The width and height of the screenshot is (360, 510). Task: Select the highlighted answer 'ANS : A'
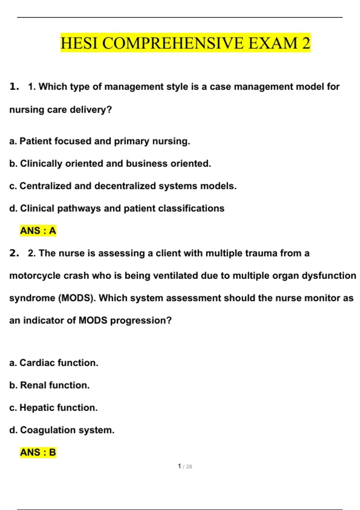pyautogui.click(x=38, y=231)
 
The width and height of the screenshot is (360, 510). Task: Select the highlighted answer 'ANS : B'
pyautogui.click(x=38, y=452)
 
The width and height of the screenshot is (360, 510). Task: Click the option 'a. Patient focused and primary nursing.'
pyautogui.click(x=100, y=141)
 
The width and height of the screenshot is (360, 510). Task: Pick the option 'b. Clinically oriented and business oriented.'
pyautogui.click(x=110, y=163)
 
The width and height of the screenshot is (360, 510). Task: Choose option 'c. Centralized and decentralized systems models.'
pyautogui.click(x=123, y=186)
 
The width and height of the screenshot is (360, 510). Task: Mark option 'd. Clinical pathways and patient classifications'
pyautogui.click(x=117, y=208)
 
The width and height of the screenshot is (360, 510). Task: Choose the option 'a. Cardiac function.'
pyautogui.click(x=54, y=363)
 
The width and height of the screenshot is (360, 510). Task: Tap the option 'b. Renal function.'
pyautogui.click(x=49, y=385)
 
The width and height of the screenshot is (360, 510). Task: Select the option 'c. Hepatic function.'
pyautogui.click(x=53, y=408)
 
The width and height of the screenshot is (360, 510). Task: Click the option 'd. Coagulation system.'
pyautogui.click(x=62, y=430)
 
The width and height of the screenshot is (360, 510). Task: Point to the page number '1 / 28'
pyautogui.click(x=185, y=466)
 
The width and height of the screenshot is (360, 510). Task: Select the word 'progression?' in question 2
pyautogui.click(x=141, y=320)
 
